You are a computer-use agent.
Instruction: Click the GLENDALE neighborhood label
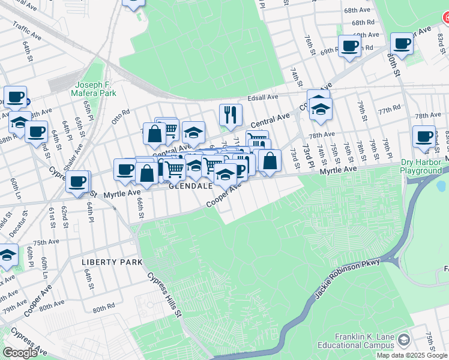click(x=190, y=187)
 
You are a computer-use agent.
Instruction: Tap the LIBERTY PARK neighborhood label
click(x=112, y=263)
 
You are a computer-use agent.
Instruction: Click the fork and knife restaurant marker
click(x=231, y=113)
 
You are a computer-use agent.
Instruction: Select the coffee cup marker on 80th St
click(x=402, y=43)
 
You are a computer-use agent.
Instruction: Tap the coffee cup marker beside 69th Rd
click(x=349, y=46)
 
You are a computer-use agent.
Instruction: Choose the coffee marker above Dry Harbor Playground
click(x=424, y=136)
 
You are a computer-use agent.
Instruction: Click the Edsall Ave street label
click(x=263, y=97)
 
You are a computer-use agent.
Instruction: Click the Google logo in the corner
click(x=20, y=352)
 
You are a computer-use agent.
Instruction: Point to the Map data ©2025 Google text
click(x=412, y=355)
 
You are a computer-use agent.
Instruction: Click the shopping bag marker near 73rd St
click(x=270, y=160)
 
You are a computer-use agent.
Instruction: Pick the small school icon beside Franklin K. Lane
click(x=404, y=340)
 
